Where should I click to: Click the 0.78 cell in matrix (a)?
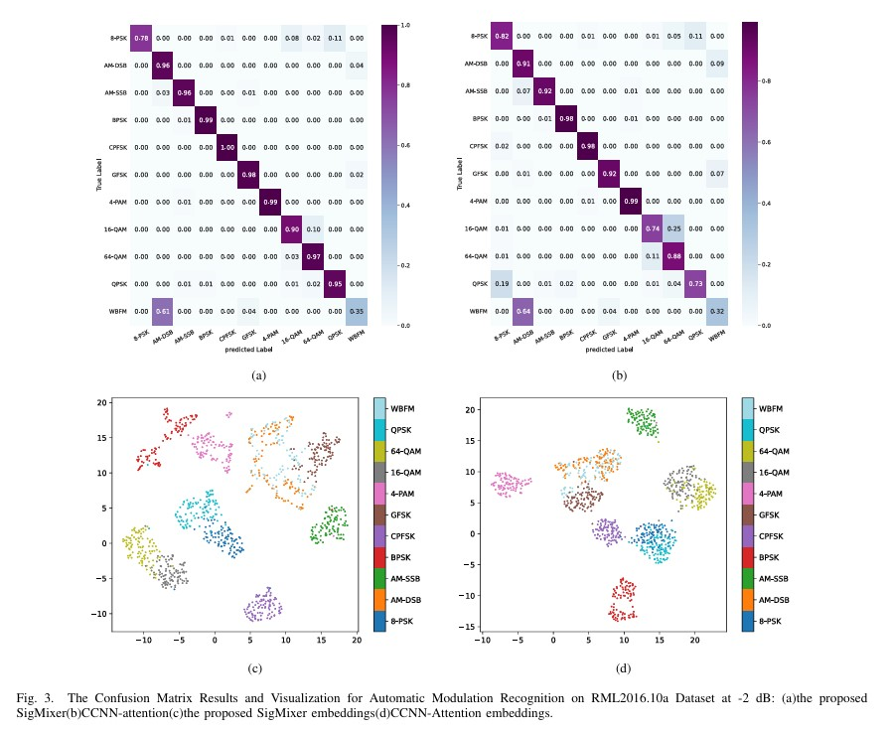tap(141, 38)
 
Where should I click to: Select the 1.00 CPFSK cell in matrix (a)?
tap(227, 146)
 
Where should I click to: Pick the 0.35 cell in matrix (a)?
tap(357, 310)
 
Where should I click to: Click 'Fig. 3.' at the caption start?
tap(33, 698)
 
